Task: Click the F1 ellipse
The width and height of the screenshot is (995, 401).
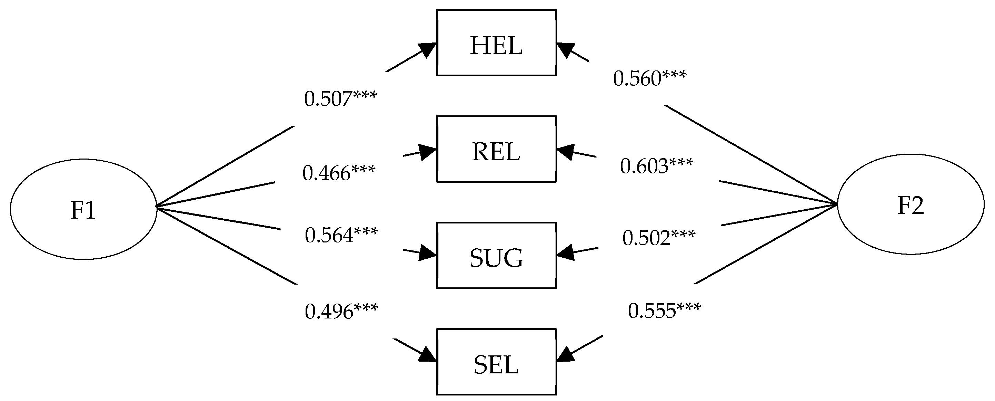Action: coord(83,209)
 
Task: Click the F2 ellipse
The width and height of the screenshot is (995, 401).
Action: coord(911,204)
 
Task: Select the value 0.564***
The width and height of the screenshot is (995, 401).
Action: coord(341,235)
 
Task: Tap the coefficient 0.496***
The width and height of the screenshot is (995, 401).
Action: coord(341,311)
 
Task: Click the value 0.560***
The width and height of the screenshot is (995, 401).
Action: coord(650,78)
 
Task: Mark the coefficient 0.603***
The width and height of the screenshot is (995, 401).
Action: coord(657,166)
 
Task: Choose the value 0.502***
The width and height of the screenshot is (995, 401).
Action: coord(659,237)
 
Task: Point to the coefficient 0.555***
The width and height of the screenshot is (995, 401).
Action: coord(664,310)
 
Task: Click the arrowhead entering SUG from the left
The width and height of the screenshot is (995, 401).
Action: coord(428,254)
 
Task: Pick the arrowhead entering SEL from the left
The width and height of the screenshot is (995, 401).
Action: coord(428,355)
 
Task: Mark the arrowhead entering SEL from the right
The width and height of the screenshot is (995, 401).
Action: coord(565,355)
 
